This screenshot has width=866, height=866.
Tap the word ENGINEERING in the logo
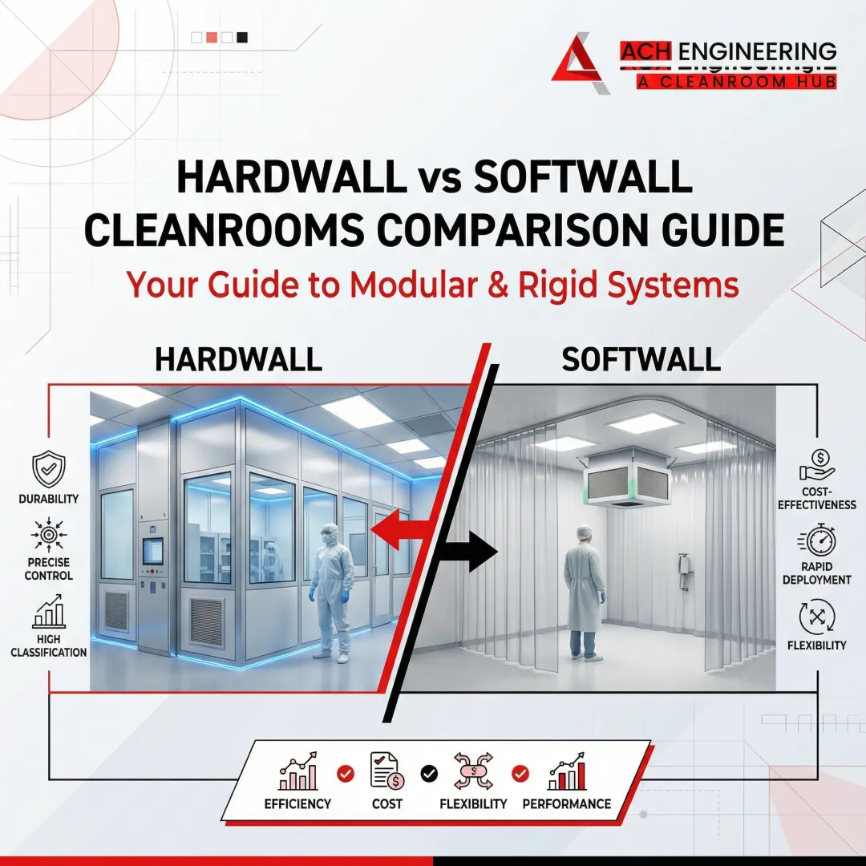pos(758,52)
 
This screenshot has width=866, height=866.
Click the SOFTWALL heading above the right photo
pos(641,360)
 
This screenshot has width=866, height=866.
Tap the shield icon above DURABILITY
pos(48,468)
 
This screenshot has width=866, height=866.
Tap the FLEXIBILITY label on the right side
pos(816,645)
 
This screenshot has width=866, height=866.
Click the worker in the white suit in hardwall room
pos(332,589)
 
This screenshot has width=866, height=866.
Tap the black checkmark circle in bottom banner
pos(430,773)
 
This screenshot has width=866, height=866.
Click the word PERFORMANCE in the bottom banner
pos(566,803)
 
